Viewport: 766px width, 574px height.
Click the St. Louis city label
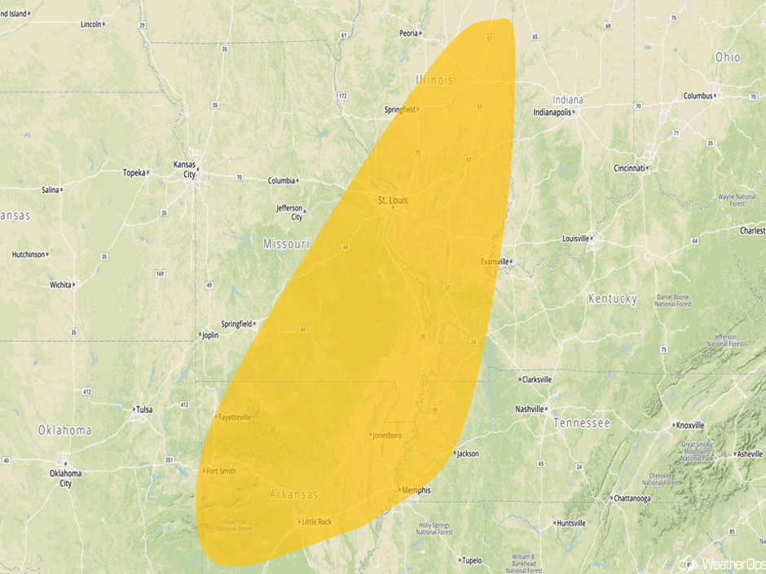click(393, 199)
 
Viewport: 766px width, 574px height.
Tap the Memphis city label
click(416, 490)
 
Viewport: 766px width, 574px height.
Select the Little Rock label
click(317, 522)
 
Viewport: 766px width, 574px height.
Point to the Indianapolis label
click(552, 112)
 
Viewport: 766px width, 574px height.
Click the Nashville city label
click(530, 409)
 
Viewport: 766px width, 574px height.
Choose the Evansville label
click(495, 261)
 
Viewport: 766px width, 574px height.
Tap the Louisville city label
click(575, 239)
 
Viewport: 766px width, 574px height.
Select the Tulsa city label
click(143, 409)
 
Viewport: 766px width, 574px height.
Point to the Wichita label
click(60, 285)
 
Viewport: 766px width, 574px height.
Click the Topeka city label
click(134, 173)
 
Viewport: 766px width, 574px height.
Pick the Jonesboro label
click(386, 435)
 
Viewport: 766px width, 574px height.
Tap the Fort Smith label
click(221, 471)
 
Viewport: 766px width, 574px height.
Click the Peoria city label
click(408, 33)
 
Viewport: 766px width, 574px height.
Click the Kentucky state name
click(612, 299)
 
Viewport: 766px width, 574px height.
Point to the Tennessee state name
click(581, 423)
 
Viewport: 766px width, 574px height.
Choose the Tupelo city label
click(471, 560)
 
